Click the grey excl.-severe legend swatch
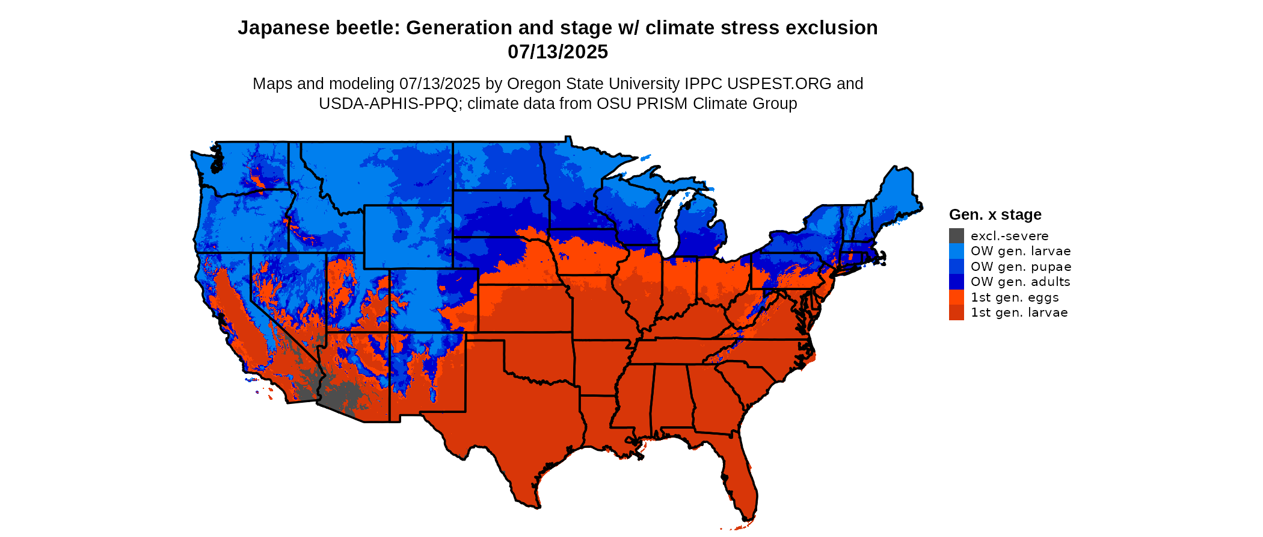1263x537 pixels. tap(956, 236)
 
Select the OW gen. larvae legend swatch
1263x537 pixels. tap(956, 251)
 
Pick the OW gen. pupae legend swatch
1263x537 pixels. tap(956, 267)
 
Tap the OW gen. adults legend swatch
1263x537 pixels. tap(956, 282)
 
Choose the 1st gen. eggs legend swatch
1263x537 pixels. tap(956, 297)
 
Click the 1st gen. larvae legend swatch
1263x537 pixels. tap(956, 312)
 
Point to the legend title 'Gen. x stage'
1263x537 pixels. tap(995, 214)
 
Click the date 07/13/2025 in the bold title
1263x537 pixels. tap(558, 52)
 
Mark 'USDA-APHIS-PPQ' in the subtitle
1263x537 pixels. tap(389, 104)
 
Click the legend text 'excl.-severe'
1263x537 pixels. tap(1009, 236)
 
